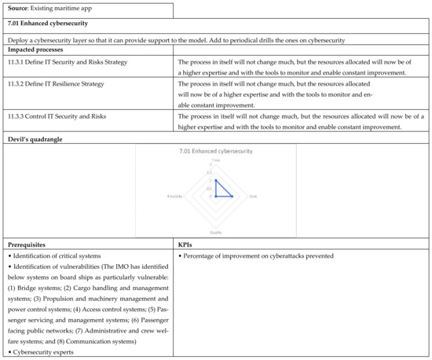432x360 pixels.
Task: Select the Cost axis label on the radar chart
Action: [253, 196]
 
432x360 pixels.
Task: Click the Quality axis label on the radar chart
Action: [216, 233]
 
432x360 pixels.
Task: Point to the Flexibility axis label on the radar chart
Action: [177, 196]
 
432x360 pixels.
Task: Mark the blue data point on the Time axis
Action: [216, 180]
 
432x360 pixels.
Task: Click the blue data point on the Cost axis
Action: [232, 196]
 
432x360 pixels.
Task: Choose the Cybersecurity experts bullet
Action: [43, 353]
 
